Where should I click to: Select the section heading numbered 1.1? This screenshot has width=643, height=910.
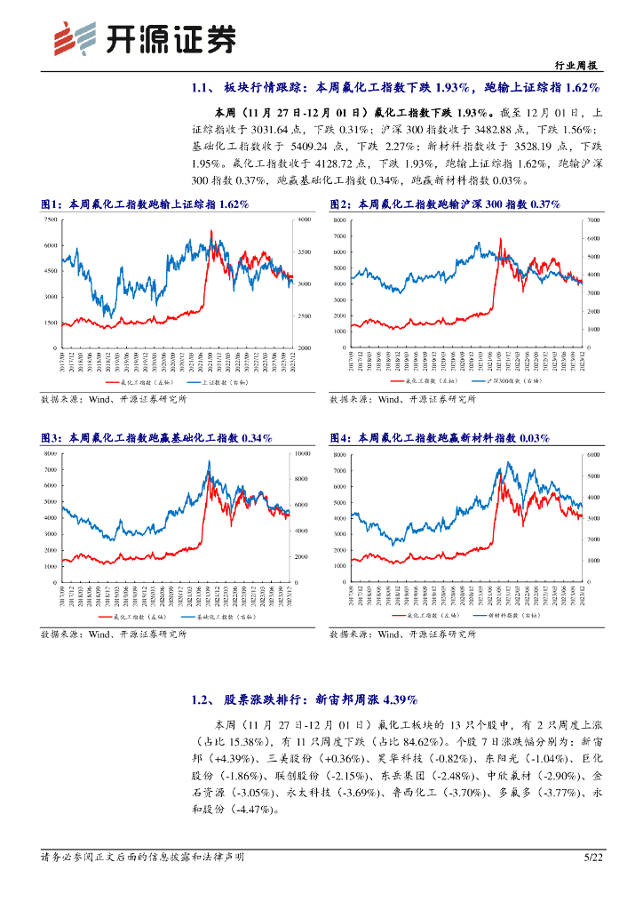pos(395,87)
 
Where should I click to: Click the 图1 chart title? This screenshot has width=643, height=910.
pos(145,204)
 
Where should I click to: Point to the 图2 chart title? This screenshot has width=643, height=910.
pos(444,204)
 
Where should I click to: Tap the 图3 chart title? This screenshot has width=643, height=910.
pos(156,438)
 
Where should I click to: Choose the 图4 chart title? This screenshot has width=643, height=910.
pos(439,438)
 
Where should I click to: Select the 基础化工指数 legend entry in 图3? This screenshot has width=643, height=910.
pos(213,615)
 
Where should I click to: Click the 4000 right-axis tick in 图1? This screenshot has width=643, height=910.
pos(304,219)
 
